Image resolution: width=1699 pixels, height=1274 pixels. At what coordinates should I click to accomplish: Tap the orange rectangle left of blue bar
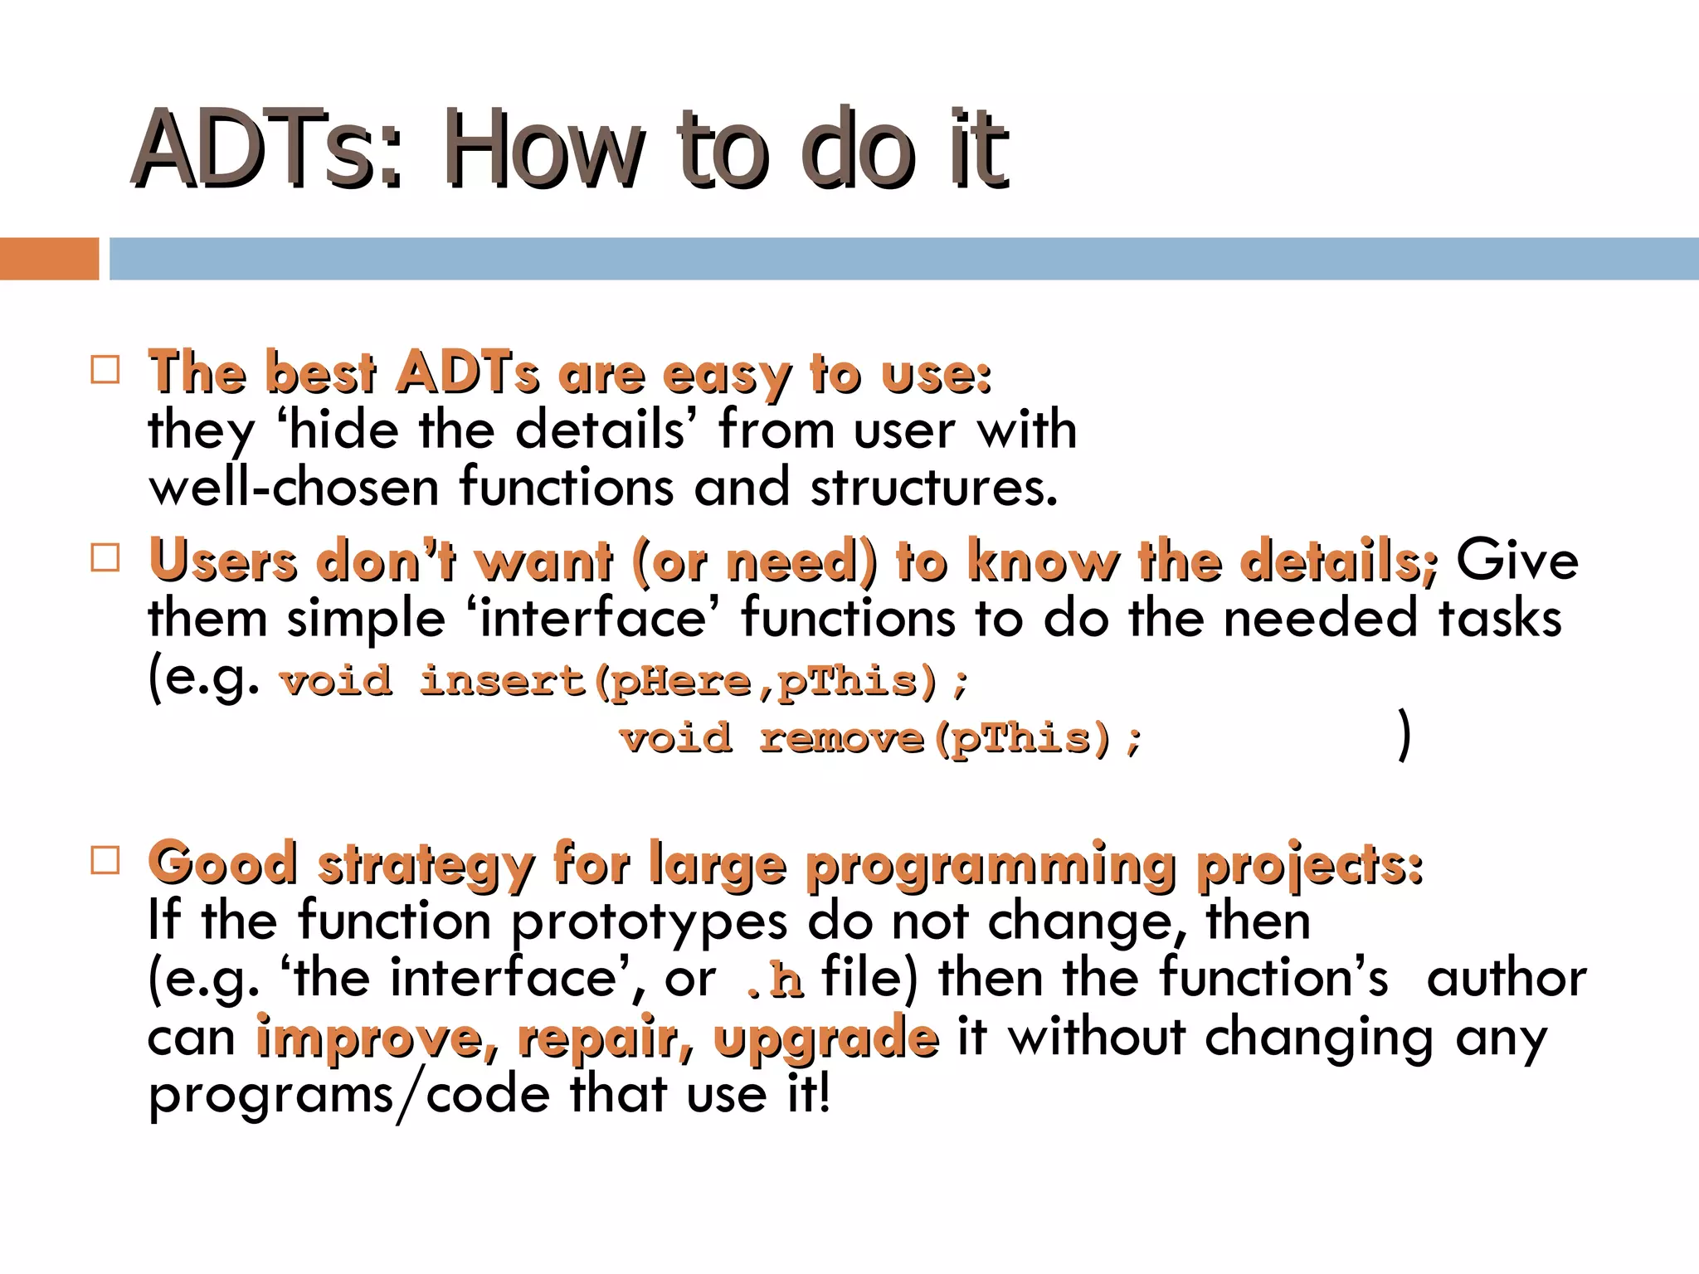point(49,258)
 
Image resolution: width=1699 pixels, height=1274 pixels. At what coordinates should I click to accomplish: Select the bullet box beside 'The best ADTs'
point(105,369)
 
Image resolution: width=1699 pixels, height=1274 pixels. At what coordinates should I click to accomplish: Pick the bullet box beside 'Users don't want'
point(105,558)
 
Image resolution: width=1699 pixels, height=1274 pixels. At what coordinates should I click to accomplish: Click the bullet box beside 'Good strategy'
point(105,860)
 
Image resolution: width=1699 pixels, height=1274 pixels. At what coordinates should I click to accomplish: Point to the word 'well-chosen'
point(294,487)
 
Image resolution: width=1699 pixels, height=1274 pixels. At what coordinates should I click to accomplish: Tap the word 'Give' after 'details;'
point(1517,560)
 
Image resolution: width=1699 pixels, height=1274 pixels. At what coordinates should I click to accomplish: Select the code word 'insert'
point(503,682)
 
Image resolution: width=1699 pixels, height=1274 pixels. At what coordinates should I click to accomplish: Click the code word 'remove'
point(841,738)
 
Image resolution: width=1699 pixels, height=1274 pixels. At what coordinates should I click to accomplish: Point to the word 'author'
point(1506,979)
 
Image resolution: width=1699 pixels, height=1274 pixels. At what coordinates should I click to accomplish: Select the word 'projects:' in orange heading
point(1310,866)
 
